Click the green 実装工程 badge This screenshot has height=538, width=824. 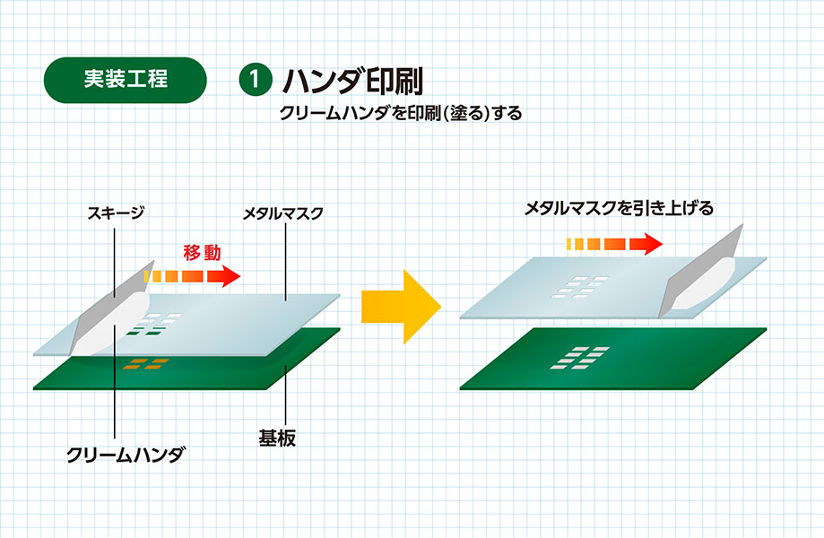click(x=126, y=79)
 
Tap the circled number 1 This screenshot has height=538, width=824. click(x=255, y=79)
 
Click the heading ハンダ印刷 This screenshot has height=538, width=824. click(x=351, y=80)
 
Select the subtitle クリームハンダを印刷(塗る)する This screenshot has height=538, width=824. click(x=400, y=114)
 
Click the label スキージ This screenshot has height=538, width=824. click(x=116, y=213)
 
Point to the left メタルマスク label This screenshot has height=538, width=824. click(x=282, y=213)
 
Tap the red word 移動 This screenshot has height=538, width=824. click(x=202, y=252)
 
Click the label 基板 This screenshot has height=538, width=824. click(x=273, y=438)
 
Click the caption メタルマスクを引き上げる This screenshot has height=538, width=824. click(x=619, y=209)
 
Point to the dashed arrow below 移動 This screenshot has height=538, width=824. click(x=193, y=275)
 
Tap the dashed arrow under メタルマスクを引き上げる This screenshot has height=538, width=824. click(x=615, y=244)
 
